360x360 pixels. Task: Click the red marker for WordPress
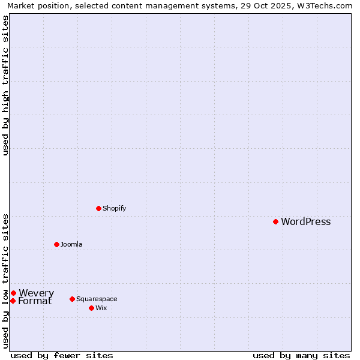275,221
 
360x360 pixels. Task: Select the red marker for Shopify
98,208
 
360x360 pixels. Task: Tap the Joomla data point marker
56,244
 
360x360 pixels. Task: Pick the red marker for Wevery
13,293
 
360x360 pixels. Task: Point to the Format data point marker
13,301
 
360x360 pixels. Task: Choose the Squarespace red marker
72,299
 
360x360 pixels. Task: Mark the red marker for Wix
91,308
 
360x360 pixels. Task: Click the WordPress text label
305,222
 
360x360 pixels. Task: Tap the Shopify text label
114,209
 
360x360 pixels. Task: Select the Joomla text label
71,245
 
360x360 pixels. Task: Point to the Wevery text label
36,293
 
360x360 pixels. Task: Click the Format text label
35,301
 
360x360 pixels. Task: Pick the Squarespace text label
97,299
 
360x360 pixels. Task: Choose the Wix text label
101,308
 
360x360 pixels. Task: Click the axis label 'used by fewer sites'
62,355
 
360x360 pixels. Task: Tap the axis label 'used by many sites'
301,355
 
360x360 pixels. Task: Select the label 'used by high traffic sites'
6,85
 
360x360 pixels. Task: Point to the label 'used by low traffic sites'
6,281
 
